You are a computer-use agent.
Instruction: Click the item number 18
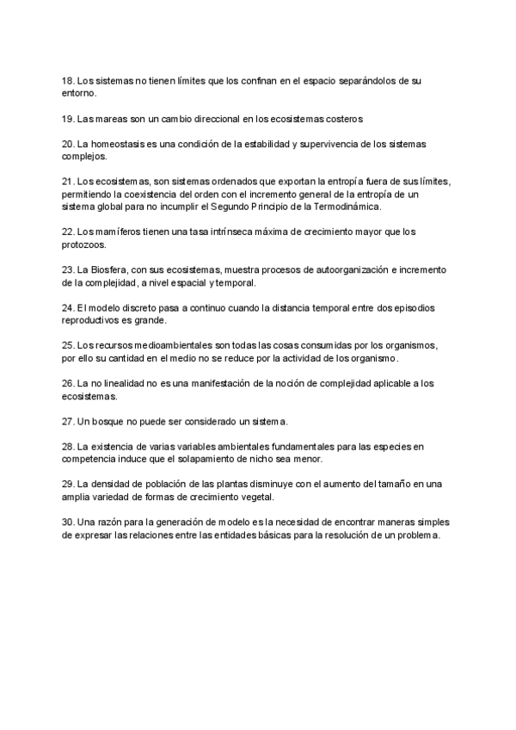(x=68, y=80)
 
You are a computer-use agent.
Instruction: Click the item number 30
(x=68, y=523)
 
